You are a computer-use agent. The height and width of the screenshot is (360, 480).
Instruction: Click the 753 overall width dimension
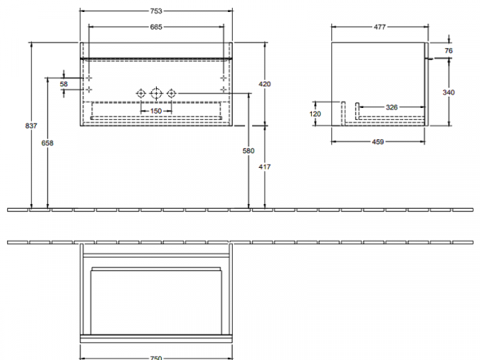click(x=156, y=11)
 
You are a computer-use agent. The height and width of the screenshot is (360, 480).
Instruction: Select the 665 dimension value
click(x=156, y=27)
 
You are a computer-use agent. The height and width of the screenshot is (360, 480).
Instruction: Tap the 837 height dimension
click(x=31, y=126)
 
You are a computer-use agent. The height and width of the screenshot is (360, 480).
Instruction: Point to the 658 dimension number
click(x=47, y=142)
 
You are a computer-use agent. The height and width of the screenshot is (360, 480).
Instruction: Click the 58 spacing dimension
click(x=64, y=84)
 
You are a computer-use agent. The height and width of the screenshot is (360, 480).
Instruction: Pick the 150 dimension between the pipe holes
click(x=156, y=111)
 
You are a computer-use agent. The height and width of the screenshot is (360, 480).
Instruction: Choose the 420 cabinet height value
click(x=265, y=84)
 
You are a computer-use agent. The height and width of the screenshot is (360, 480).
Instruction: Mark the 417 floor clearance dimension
click(x=265, y=167)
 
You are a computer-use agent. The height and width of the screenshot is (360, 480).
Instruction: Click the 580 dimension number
click(x=248, y=150)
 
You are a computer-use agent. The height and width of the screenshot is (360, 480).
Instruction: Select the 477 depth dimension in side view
click(x=379, y=27)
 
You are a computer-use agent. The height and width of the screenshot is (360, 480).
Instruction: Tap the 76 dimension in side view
click(x=449, y=50)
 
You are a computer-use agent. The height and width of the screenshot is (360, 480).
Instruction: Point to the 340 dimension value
click(x=449, y=92)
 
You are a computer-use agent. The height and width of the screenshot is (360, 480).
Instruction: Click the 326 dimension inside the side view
click(x=392, y=107)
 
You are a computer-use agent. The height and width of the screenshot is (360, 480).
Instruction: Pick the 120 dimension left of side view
click(x=315, y=114)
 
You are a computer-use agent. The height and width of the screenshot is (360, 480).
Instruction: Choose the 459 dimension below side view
click(x=378, y=142)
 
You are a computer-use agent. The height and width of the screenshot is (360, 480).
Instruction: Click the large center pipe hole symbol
click(x=156, y=93)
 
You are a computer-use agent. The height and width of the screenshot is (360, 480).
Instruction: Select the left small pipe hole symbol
click(x=141, y=93)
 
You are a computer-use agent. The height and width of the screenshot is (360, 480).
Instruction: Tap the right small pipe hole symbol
click(x=171, y=93)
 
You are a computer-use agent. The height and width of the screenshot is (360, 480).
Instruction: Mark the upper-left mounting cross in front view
click(x=89, y=78)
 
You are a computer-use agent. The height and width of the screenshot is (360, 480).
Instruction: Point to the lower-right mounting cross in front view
click(x=223, y=90)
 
